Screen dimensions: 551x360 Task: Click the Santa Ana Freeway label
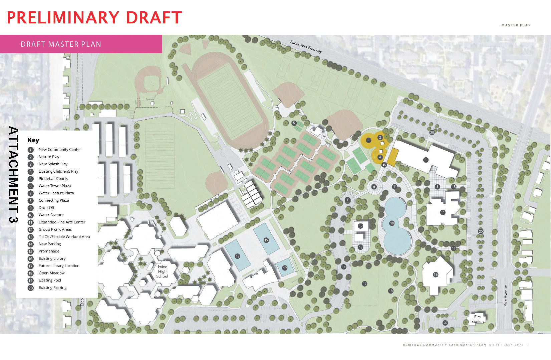point(306,47)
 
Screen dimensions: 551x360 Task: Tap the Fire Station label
point(477,319)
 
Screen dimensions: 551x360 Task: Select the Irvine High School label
point(163,272)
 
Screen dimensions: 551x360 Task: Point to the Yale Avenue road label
point(506,296)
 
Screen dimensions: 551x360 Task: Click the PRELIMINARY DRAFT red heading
point(94,18)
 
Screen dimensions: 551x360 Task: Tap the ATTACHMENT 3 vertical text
point(13,174)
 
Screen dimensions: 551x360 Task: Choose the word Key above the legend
point(33,140)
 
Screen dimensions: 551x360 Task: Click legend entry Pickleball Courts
point(53,179)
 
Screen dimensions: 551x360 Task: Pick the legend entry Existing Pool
point(50,280)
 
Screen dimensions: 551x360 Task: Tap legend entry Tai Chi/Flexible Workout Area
point(64,237)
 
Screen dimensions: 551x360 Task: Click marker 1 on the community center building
point(426,160)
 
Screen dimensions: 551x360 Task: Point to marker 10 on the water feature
point(392,223)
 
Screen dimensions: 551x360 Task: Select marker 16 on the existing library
point(436,275)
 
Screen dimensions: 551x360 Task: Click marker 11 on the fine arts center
point(443,212)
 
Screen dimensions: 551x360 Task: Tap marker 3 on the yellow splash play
point(368,140)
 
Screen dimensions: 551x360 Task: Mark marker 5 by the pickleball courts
point(294,123)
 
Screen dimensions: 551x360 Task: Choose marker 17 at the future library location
point(364,284)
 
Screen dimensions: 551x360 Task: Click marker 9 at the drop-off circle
point(347,200)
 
